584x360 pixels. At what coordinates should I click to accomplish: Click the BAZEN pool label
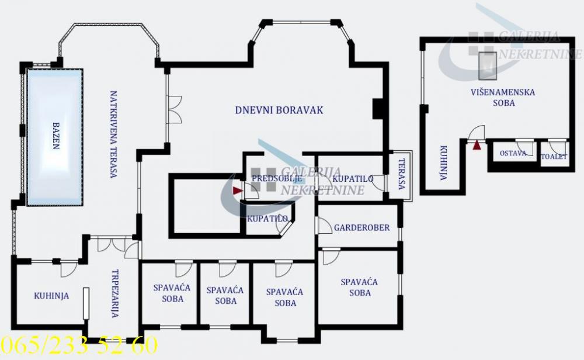click(56, 136)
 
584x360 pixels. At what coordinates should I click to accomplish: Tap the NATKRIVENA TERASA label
click(114, 134)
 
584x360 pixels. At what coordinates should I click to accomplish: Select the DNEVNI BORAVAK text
click(279, 110)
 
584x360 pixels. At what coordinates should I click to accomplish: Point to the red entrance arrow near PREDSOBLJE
click(237, 190)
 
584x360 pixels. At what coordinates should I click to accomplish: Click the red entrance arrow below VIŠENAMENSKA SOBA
click(477, 146)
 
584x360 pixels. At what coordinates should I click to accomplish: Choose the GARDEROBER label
click(361, 228)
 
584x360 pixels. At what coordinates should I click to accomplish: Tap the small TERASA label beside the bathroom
click(401, 174)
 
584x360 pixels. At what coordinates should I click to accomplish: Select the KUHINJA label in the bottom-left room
click(51, 296)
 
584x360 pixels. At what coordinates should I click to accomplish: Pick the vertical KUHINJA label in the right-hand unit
click(443, 162)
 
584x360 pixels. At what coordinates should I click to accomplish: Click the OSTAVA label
click(513, 154)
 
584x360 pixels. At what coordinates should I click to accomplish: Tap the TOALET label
click(554, 157)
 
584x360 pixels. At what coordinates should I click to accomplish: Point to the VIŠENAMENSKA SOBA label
click(503, 97)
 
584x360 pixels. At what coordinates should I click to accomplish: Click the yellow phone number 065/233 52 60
click(79, 345)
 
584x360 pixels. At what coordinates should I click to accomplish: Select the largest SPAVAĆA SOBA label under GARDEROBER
click(359, 287)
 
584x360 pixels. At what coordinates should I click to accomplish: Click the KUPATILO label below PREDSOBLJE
click(267, 219)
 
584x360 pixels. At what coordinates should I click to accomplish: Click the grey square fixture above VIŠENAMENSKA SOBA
click(486, 65)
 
